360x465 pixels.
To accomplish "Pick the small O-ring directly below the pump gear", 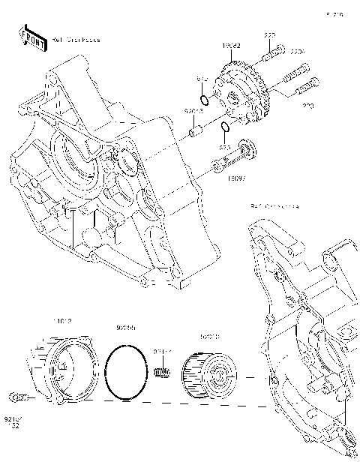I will click(x=225, y=126).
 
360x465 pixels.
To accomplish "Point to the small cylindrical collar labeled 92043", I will click(x=196, y=133).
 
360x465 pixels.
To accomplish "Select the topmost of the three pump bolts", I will click(x=272, y=52).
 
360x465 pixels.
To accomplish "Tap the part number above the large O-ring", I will click(x=125, y=328).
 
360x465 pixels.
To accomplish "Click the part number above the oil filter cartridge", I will click(x=208, y=337).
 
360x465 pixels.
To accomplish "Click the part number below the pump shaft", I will click(x=235, y=178).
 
